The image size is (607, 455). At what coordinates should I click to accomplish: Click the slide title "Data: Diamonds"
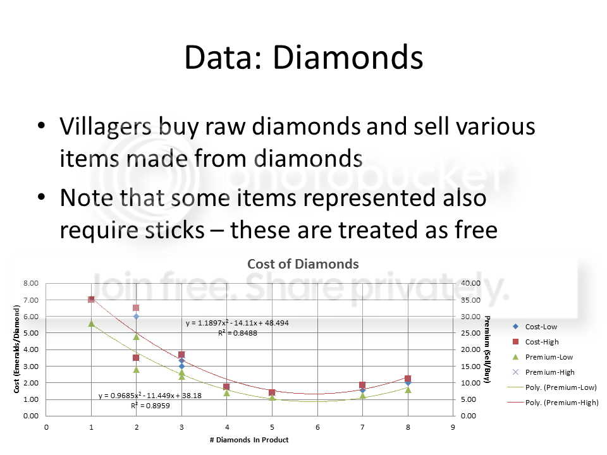[304, 58]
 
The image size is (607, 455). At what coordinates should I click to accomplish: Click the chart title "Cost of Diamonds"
[303, 264]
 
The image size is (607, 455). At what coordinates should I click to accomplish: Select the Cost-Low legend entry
[536, 327]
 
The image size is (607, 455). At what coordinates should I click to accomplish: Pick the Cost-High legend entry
[536, 342]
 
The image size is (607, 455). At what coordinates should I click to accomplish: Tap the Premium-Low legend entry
[543, 356]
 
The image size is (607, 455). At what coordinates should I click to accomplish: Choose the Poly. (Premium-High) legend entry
[553, 403]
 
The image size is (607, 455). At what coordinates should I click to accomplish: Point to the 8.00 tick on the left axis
[31, 283]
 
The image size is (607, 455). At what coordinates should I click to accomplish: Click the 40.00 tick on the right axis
[470, 283]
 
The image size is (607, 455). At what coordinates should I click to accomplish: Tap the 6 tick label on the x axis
[317, 427]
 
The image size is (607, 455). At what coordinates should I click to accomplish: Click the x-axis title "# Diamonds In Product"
[249, 440]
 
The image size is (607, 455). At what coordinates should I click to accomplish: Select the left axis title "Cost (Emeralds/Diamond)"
[16, 349]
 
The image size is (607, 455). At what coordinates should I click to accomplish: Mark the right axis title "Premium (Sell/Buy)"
[487, 349]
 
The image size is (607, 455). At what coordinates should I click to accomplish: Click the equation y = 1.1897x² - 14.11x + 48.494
[237, 323]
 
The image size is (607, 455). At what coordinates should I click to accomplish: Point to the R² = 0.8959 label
[150, 406]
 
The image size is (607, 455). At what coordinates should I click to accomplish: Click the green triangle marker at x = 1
[91, 324]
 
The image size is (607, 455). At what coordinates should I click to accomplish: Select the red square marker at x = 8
[408, 379]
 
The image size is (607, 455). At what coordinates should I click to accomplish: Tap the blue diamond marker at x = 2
[137, 317]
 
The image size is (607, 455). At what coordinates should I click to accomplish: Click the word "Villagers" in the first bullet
[106, 126]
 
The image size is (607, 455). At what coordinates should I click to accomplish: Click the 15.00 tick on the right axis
[470, 367]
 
